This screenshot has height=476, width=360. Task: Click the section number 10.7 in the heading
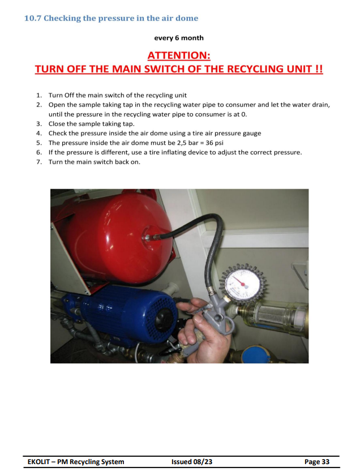coord(33,18)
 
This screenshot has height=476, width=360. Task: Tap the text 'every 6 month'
coord(179,38)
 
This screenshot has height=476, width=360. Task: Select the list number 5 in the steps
coord(39,143)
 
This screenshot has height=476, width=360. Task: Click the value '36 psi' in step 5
coord(215,143)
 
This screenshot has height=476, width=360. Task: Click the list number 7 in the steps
coord(39,162)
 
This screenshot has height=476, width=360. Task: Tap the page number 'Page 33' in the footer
coord(317,462)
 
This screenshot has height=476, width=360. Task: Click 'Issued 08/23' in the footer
coord(192,462)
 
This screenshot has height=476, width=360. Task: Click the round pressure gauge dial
coord(243,285)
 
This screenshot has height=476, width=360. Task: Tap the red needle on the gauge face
coord(241,283)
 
